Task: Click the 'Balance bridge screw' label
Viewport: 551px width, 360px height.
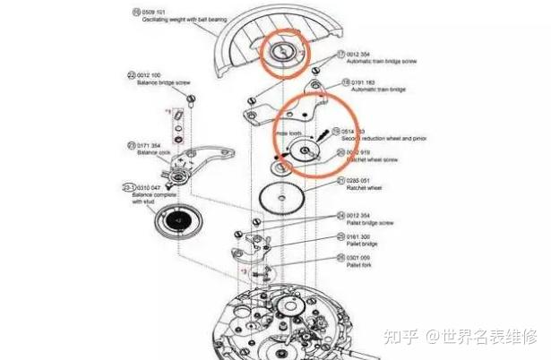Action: coord(164,82)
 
